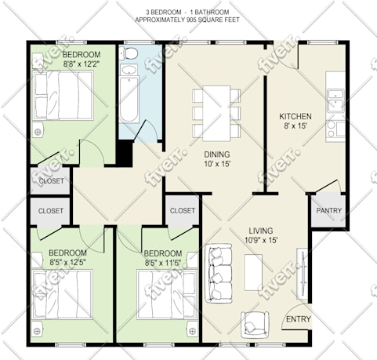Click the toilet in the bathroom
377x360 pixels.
(x=129, y=53)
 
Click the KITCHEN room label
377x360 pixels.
(x=295, y=116)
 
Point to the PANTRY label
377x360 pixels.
(x=329, y=210)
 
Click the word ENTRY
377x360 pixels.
(x=298, y=319)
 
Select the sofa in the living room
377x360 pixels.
(x=219, y=273)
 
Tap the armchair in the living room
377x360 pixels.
(x=255, y=325)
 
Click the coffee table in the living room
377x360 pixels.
(x=253, y=272)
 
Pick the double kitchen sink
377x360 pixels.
(x=335, y=101)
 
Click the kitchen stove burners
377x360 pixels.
(x=332, y=129)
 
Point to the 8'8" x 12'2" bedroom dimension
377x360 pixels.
(x=82, y=64)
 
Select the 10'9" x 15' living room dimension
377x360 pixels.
(x=261, y=240)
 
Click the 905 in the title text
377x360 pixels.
(x=192, y=20)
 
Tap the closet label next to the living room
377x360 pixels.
(x=183, y=210)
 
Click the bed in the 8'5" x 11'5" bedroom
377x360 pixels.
(x=167, y=295)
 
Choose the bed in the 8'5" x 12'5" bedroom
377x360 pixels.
(x=63, y=294)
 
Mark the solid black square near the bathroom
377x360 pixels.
(x=125, y=153)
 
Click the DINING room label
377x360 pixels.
(x=217, y=155)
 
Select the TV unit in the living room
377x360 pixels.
(x=303, y=274)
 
